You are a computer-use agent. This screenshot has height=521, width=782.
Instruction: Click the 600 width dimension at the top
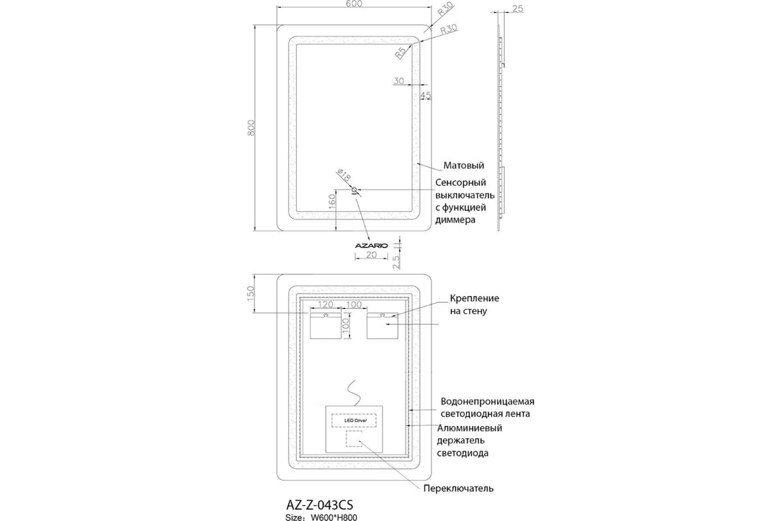click(354, 3)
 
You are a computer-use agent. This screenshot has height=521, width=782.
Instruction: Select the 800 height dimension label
click(251, 128)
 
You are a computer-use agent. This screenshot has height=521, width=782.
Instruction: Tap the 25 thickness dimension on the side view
click(517, 8)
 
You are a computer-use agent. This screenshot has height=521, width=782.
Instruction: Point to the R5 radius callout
click(401, 52)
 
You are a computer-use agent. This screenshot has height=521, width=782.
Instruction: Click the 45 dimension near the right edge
click(426, 95)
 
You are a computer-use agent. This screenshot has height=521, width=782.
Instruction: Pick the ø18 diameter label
click(343, 175)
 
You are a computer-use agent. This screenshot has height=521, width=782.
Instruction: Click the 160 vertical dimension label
click(332, 202)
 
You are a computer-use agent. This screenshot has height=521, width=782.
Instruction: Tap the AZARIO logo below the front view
click(371, 246)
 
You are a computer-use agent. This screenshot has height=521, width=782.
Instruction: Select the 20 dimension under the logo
click(371, 255)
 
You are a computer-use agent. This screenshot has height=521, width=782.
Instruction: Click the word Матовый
click(463, 165)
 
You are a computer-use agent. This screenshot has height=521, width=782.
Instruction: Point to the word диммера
click(456, 220)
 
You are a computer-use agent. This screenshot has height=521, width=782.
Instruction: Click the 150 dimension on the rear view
click(251, 294)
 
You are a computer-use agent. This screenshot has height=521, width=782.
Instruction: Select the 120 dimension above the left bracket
click(326, 304)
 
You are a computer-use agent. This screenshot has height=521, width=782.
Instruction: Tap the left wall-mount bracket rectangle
click(326, 326)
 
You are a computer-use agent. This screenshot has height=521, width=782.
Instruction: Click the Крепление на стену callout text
click(474, 305)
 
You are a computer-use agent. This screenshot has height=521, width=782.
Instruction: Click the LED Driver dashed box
click(354, 420)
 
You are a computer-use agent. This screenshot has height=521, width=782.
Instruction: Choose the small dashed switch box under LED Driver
click(354, 439)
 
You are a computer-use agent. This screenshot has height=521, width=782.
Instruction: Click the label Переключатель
click(458, 488)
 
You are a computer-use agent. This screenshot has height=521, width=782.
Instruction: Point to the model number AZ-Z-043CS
click(320, 505)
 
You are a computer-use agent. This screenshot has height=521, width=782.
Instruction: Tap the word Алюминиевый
click(470, 428)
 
